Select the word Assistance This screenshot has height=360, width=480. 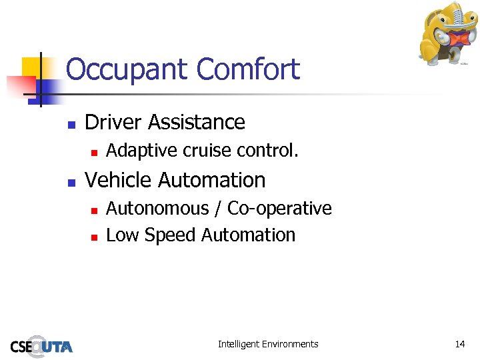pyautogui.click(x=197, y=122)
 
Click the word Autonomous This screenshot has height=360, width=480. pyautogui.click(x=157, y=209)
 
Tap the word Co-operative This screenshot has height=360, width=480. pyautogui.click(x=280, y=209)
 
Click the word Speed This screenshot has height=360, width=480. pyautogui.click(x=170, y=236)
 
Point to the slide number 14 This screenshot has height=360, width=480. pyautogui.click(x=460, y=344)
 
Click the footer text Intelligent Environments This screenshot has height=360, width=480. pyautogui.click(x=268, y=344)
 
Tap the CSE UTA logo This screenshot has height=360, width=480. pyautogui.click(x=41, y=345)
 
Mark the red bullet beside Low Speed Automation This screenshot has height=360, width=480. pyautogui.click(x=94, y=237)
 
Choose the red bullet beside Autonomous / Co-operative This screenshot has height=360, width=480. pyautogui.click(x=94, y=210)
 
